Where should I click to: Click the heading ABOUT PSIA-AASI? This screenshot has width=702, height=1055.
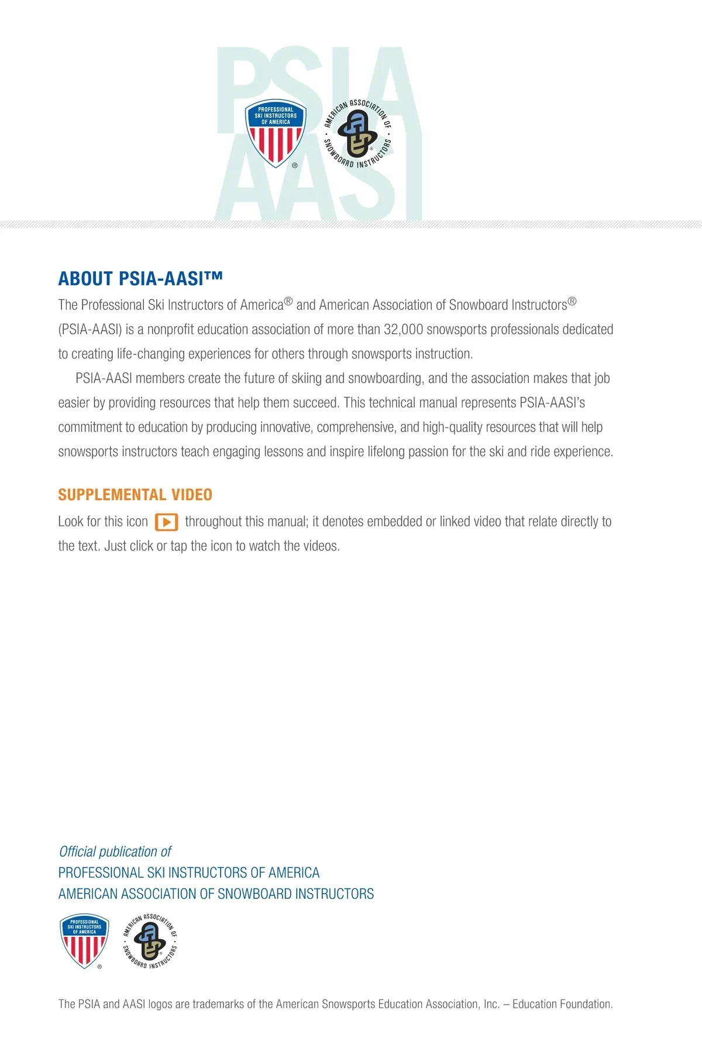click(140, 279)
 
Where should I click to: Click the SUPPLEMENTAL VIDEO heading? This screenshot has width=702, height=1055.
click(135, 495)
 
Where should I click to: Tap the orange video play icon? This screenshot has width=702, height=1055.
click(166, 522)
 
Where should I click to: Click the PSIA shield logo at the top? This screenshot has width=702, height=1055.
click(275, 133)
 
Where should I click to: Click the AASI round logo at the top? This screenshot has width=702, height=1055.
click(357, 133)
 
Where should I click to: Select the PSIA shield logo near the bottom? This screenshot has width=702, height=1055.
click(84, 941)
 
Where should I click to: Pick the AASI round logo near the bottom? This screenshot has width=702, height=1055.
click(150, 941)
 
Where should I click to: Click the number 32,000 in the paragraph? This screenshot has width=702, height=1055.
click(403, 330)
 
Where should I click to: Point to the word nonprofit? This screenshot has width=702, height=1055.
click(170, 330)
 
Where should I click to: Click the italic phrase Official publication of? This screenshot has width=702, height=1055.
click(115, 851)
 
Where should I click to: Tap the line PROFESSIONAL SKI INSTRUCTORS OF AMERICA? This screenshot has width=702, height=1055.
click(189, 873)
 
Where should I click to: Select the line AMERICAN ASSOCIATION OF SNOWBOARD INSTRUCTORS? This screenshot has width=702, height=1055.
click(216, 894)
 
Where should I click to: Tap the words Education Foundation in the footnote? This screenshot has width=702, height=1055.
click(562, 1004)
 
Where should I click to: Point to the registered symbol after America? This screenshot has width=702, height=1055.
click(288, 302)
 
